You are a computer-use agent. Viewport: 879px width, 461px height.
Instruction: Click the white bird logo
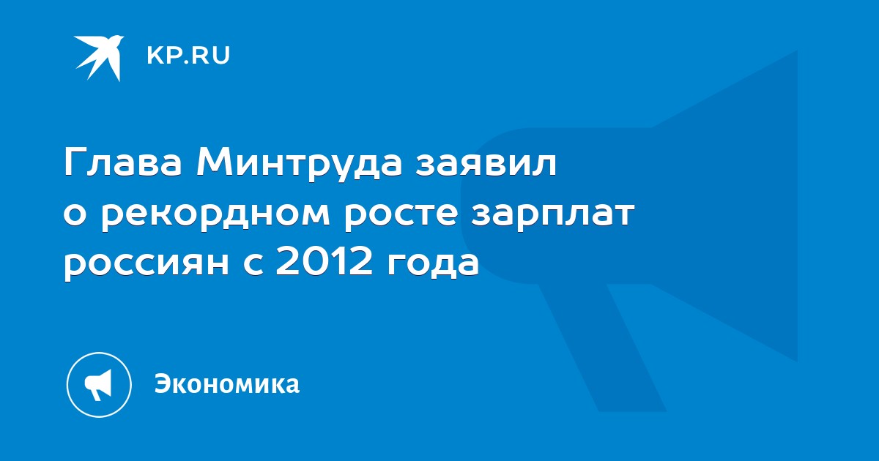click(x=98, y=58)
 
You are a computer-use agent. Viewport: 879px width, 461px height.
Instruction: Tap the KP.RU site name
click(x=188, y=56)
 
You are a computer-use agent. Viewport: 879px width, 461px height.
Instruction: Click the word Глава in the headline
click(x=123, y=162)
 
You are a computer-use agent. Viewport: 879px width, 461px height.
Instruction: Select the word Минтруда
click(x=300, y=165)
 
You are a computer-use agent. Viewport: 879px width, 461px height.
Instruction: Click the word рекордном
click(x=215, y=217)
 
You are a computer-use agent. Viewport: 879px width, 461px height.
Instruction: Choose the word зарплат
click(x=552, y=217)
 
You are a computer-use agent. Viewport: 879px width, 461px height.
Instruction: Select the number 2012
click(x=323, y=263)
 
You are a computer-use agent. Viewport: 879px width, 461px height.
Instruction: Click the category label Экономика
click(x=227, y=383)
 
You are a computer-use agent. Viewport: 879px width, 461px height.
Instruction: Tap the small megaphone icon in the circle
click(x=99, y=385)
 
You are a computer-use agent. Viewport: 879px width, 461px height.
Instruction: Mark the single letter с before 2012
click(x=252, y=265)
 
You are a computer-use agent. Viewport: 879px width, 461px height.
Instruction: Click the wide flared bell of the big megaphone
click(x=726, y=206)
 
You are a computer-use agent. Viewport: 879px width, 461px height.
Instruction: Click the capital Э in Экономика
click(x=162, y=383)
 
